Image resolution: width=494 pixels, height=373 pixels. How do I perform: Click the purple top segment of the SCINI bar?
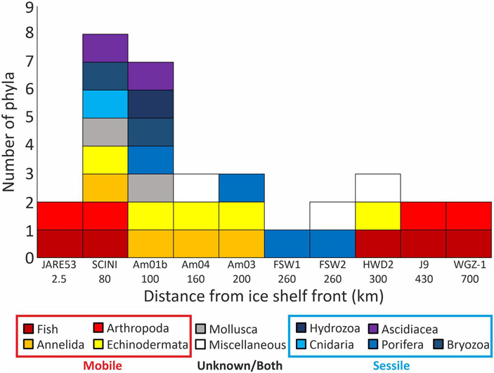[x=105, y=48]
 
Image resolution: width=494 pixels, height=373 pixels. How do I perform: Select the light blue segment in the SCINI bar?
[x=105, y=104]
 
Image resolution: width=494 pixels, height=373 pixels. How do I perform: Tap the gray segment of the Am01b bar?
[x=150, y=187]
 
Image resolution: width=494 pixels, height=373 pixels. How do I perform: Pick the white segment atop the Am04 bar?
[x=196, y=187]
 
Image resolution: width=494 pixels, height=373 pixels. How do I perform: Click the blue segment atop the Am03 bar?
[x=242, y=187]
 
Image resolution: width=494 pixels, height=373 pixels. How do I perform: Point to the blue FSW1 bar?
[x=287, y=243]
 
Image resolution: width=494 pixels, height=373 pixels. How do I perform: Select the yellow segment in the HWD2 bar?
[x=378, y=215]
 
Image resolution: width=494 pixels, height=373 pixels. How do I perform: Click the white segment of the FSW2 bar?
[x=332, y=215]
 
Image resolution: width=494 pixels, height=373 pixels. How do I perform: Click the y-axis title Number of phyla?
[x=11, y=133]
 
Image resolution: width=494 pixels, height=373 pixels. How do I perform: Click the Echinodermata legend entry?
[x=144, y=344]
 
